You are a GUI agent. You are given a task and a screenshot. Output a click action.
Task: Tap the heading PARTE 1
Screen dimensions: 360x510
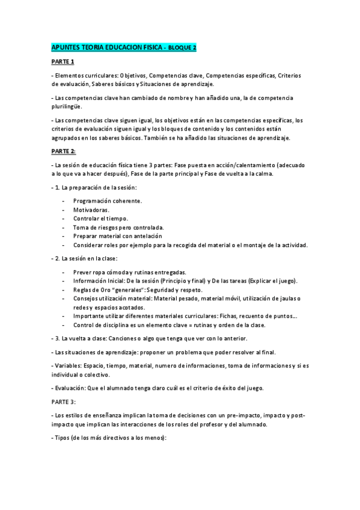pos(63,61)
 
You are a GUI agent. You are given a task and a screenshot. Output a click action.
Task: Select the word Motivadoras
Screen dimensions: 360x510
pos(91,209)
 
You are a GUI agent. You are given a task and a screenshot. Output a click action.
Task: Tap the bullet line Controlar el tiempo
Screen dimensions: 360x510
pos(100,218)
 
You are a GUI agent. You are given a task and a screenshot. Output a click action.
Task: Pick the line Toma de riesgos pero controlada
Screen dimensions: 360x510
pos(118,227)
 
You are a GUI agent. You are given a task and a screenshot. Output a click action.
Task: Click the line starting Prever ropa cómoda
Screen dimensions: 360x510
pos(129,272)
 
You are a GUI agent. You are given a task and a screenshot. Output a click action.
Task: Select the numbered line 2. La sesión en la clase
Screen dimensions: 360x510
pos(87,258)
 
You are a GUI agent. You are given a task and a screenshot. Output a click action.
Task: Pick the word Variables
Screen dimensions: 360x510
pos(69,364)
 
